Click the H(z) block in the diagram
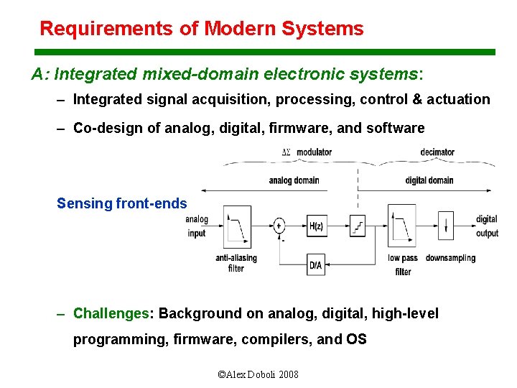[317, 226]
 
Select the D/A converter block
[316, 264]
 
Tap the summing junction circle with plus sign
[279, 226]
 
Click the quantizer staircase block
[357, 226]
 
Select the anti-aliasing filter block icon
[236, 226]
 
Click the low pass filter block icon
[401, 226]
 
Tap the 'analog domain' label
[294, 180]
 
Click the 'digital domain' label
[429, 180]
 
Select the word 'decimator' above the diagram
[437, 152]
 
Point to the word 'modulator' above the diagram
[315, 152]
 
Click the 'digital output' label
[486, 226]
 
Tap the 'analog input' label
[197, 226]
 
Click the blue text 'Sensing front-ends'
[121, 203]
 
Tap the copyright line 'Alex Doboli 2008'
[258, 374]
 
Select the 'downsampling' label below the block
[450, 258]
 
